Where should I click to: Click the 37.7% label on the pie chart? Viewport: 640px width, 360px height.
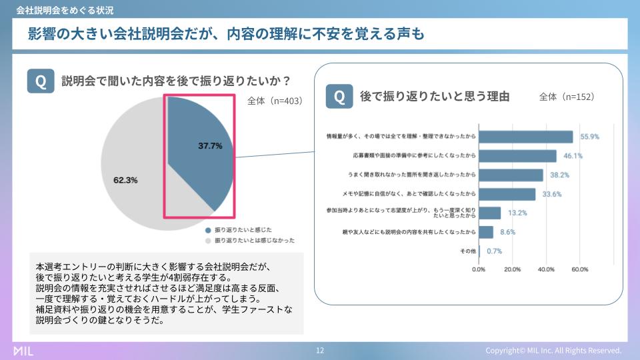point(210,146)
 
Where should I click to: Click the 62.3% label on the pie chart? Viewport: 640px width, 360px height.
point(125,180)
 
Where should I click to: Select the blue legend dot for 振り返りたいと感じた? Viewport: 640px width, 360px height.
point(208,230)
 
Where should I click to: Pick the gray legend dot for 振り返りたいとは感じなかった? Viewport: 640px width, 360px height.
point(208,241)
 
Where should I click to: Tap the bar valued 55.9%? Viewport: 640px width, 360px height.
point(526,137)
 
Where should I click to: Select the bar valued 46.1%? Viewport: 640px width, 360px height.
point(517,156)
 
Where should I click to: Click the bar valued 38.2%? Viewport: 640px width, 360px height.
point(511,175)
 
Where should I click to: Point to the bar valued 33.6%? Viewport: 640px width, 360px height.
point(507,194)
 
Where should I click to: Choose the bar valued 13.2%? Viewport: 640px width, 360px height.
point(490,213)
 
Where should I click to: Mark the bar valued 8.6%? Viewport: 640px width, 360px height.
point(486,232)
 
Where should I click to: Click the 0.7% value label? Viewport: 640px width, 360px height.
point(494,251)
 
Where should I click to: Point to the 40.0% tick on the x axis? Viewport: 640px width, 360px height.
point(546,269)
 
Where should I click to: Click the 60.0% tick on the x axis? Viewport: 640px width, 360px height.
point(580,269)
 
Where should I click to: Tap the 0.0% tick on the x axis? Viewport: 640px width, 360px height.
point(479,269)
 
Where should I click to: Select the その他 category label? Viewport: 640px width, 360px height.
point(468,251)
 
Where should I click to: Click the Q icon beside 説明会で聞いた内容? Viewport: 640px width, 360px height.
point(41,81)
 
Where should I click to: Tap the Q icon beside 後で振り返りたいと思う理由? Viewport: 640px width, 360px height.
point(339,96)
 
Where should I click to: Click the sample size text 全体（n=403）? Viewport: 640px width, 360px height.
point(275,101)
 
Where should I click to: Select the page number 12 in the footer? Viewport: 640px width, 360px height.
point(320,350)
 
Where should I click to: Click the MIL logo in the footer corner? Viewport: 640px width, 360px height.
point(23,351)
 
